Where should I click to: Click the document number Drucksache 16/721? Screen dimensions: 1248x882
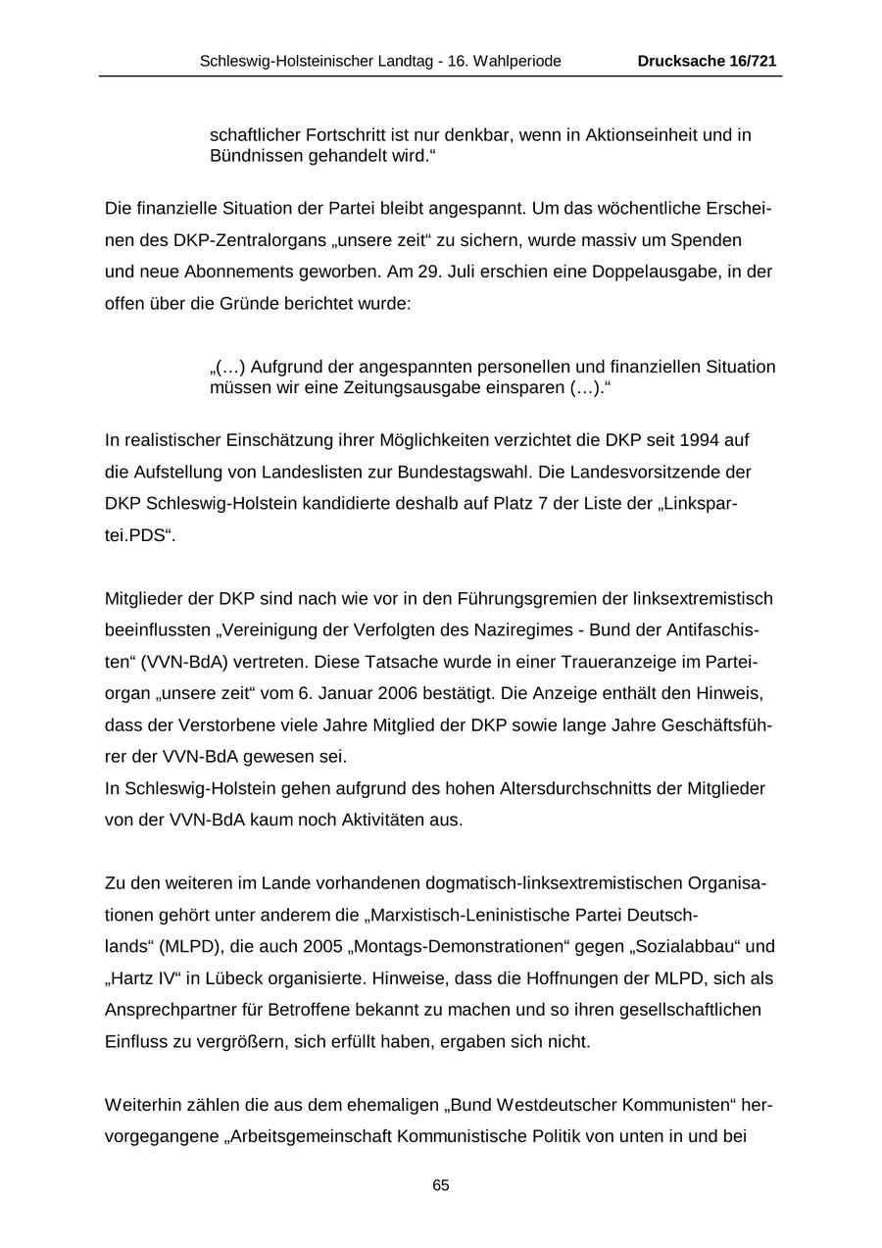point(707,61)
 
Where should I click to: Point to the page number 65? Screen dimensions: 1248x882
point(441,1185)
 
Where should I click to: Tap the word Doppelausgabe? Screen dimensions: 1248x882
point(642,273)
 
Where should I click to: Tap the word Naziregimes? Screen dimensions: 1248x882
point(530,630)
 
